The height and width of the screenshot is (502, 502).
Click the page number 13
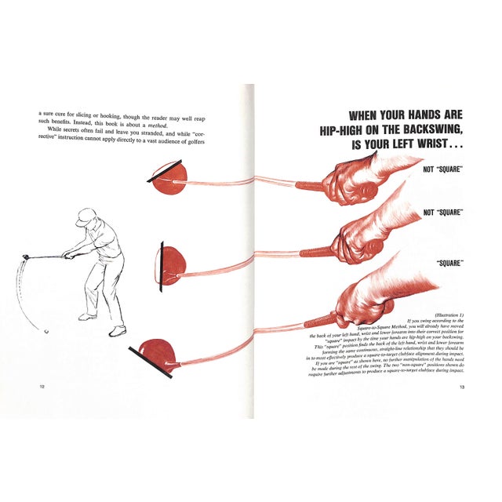coord(463,387)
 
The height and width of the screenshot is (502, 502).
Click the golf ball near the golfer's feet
coord(46,331)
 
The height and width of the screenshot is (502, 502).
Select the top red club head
coord(168,178)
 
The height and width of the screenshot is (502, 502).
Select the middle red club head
coord(172,264)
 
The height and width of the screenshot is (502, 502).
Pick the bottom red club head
coord(157,357)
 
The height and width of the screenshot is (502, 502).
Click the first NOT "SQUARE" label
coord(444,169)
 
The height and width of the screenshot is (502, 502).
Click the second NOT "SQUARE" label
coord(444,213)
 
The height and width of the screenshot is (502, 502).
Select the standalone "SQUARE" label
coord(449,263)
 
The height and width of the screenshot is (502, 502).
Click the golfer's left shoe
coord(117,330)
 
